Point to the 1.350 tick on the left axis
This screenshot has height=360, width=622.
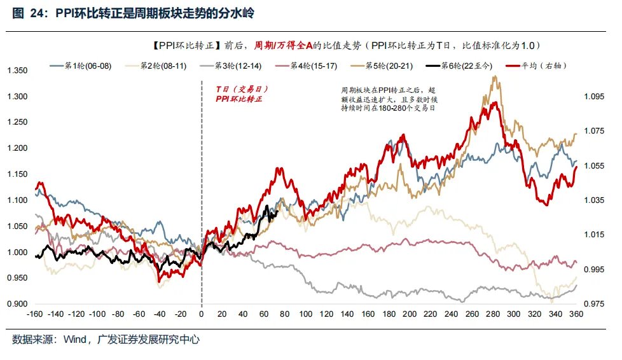(17, 71)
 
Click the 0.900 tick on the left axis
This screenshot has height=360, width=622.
(17, 304)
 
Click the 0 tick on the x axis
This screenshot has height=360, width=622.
(202, 315)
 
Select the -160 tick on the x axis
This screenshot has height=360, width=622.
(36, 315)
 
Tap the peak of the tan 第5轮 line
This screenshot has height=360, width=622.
(494, 77)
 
